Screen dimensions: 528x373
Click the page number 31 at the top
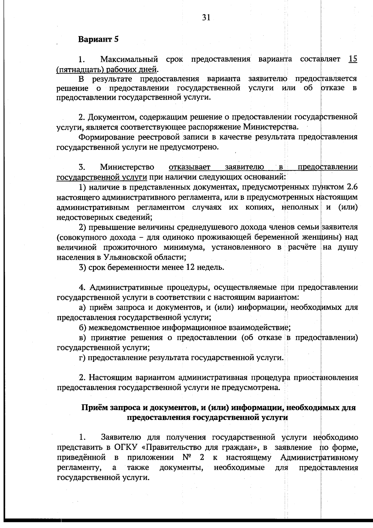click(x=206, y=18)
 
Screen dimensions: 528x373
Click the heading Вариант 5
click(x=98, y=40)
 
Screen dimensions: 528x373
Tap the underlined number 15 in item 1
click(x=352, y=59)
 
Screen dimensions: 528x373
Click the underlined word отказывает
click(x=190, y=167)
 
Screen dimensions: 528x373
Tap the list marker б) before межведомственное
click(x=82, y=328)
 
